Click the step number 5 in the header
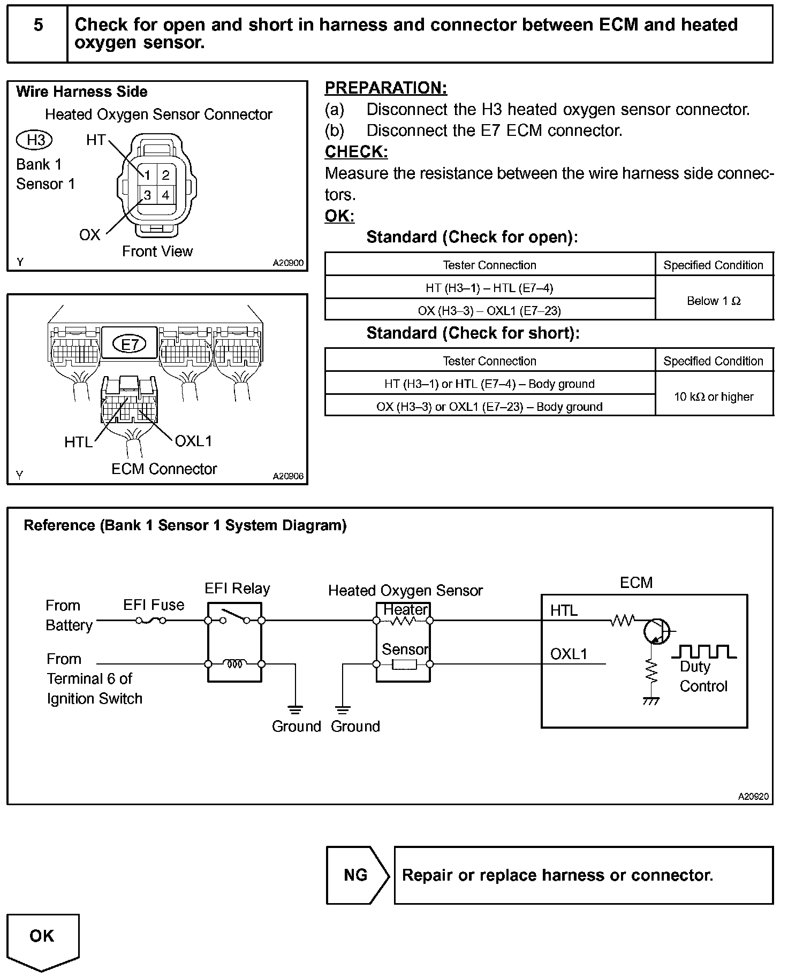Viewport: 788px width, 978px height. [x=38, y=25]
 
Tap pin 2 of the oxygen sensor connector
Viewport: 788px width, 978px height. [x=165, y=174]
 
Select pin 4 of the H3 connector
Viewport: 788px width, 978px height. [x=165, y=195]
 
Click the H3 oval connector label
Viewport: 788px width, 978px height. [x=35, y=140]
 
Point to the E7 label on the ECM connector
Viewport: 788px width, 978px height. [x=129, y=344]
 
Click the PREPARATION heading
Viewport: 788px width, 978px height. [x=386, y=88]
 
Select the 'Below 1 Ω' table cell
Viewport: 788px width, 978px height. [x=714, y=301]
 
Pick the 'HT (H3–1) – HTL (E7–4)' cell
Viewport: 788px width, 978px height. [x=489, y=288]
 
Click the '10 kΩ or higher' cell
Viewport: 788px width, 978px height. [x=714, y=396]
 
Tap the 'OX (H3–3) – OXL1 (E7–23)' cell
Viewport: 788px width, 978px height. [x=489, y=310]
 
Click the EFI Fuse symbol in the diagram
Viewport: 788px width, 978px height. [x=151, y=621]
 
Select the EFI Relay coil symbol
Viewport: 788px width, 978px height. [x=234, y=664]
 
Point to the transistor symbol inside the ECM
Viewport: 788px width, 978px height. [x=657, y=631]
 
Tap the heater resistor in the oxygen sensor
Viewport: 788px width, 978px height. [x=403, y=621]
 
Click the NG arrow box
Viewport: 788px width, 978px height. [x=357, y=875]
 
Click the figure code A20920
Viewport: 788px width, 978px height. [x=753, y=796]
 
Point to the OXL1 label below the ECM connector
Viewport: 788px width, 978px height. [x=193, y=441]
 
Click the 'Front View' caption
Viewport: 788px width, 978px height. [x=157, y=251]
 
